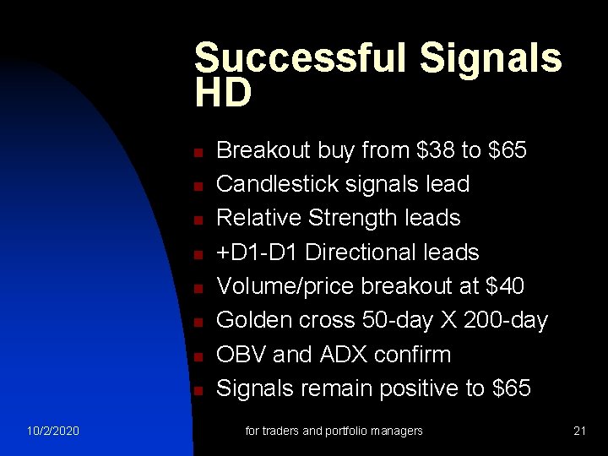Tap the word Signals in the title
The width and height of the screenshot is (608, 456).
(491, 58)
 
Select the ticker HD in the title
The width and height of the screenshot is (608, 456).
(223, 94)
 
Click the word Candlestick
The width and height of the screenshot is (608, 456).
(279, 184)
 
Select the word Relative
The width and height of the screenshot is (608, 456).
(259, 218)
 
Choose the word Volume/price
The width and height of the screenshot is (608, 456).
(285, 286)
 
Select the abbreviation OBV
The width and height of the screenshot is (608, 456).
(242, 354)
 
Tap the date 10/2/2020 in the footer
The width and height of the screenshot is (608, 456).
(52, 432)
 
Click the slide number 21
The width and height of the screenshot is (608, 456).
(579, 432)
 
